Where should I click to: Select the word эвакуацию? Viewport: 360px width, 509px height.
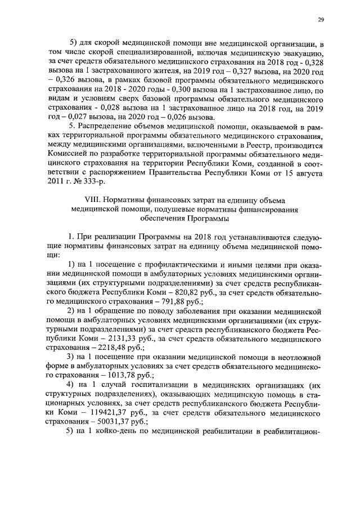[x=301, y=54]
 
